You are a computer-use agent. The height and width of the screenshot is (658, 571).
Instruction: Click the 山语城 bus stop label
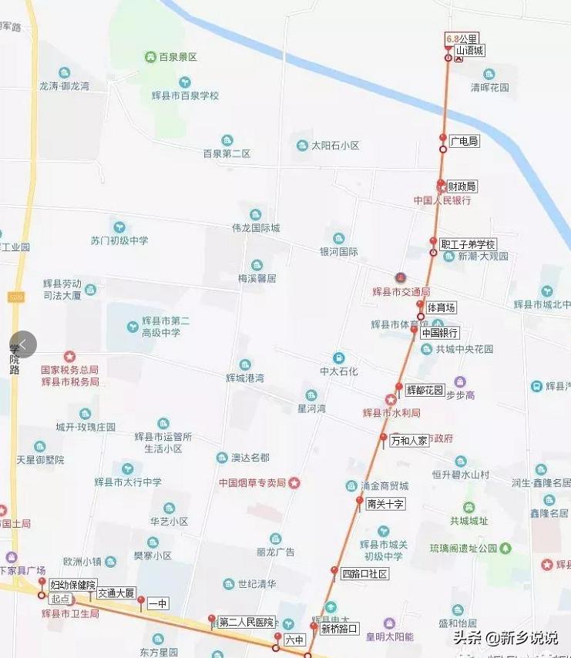click(x=469, y=51)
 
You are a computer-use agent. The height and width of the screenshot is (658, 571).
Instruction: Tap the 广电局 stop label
click(x=465, y=141)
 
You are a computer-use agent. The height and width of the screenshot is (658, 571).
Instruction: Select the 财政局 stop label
click(x=462, y=186)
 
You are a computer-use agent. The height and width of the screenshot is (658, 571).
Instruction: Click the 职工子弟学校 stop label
click(x=468, y=244)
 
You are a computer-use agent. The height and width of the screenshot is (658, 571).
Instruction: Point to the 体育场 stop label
click(x=441, y=307)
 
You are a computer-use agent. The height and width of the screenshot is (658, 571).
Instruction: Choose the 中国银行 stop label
click(x=440, y=334)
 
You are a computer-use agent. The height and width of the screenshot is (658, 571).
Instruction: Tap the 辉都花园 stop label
click(x=425, y=391)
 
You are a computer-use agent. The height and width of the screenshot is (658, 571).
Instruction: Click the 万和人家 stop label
click(x=408, y=441)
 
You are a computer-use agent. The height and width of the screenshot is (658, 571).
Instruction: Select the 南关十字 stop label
click(x=385, y=504)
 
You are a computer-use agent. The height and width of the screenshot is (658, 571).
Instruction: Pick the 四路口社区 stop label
click(x=364, y=574)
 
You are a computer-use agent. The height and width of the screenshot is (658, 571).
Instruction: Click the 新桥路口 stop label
click(x=340, y=629)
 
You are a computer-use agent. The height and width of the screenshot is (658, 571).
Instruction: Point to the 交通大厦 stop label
click(x=116, y=593)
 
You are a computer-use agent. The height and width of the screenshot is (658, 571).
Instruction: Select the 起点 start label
click(x=60, y=599)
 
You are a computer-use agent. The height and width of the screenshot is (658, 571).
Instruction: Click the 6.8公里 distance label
click(x=462, y=38)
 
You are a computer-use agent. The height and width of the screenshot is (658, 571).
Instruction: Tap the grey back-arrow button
click(x=23, y=344)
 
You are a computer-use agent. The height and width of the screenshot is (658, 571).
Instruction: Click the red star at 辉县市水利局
click(x=391, y=400)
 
